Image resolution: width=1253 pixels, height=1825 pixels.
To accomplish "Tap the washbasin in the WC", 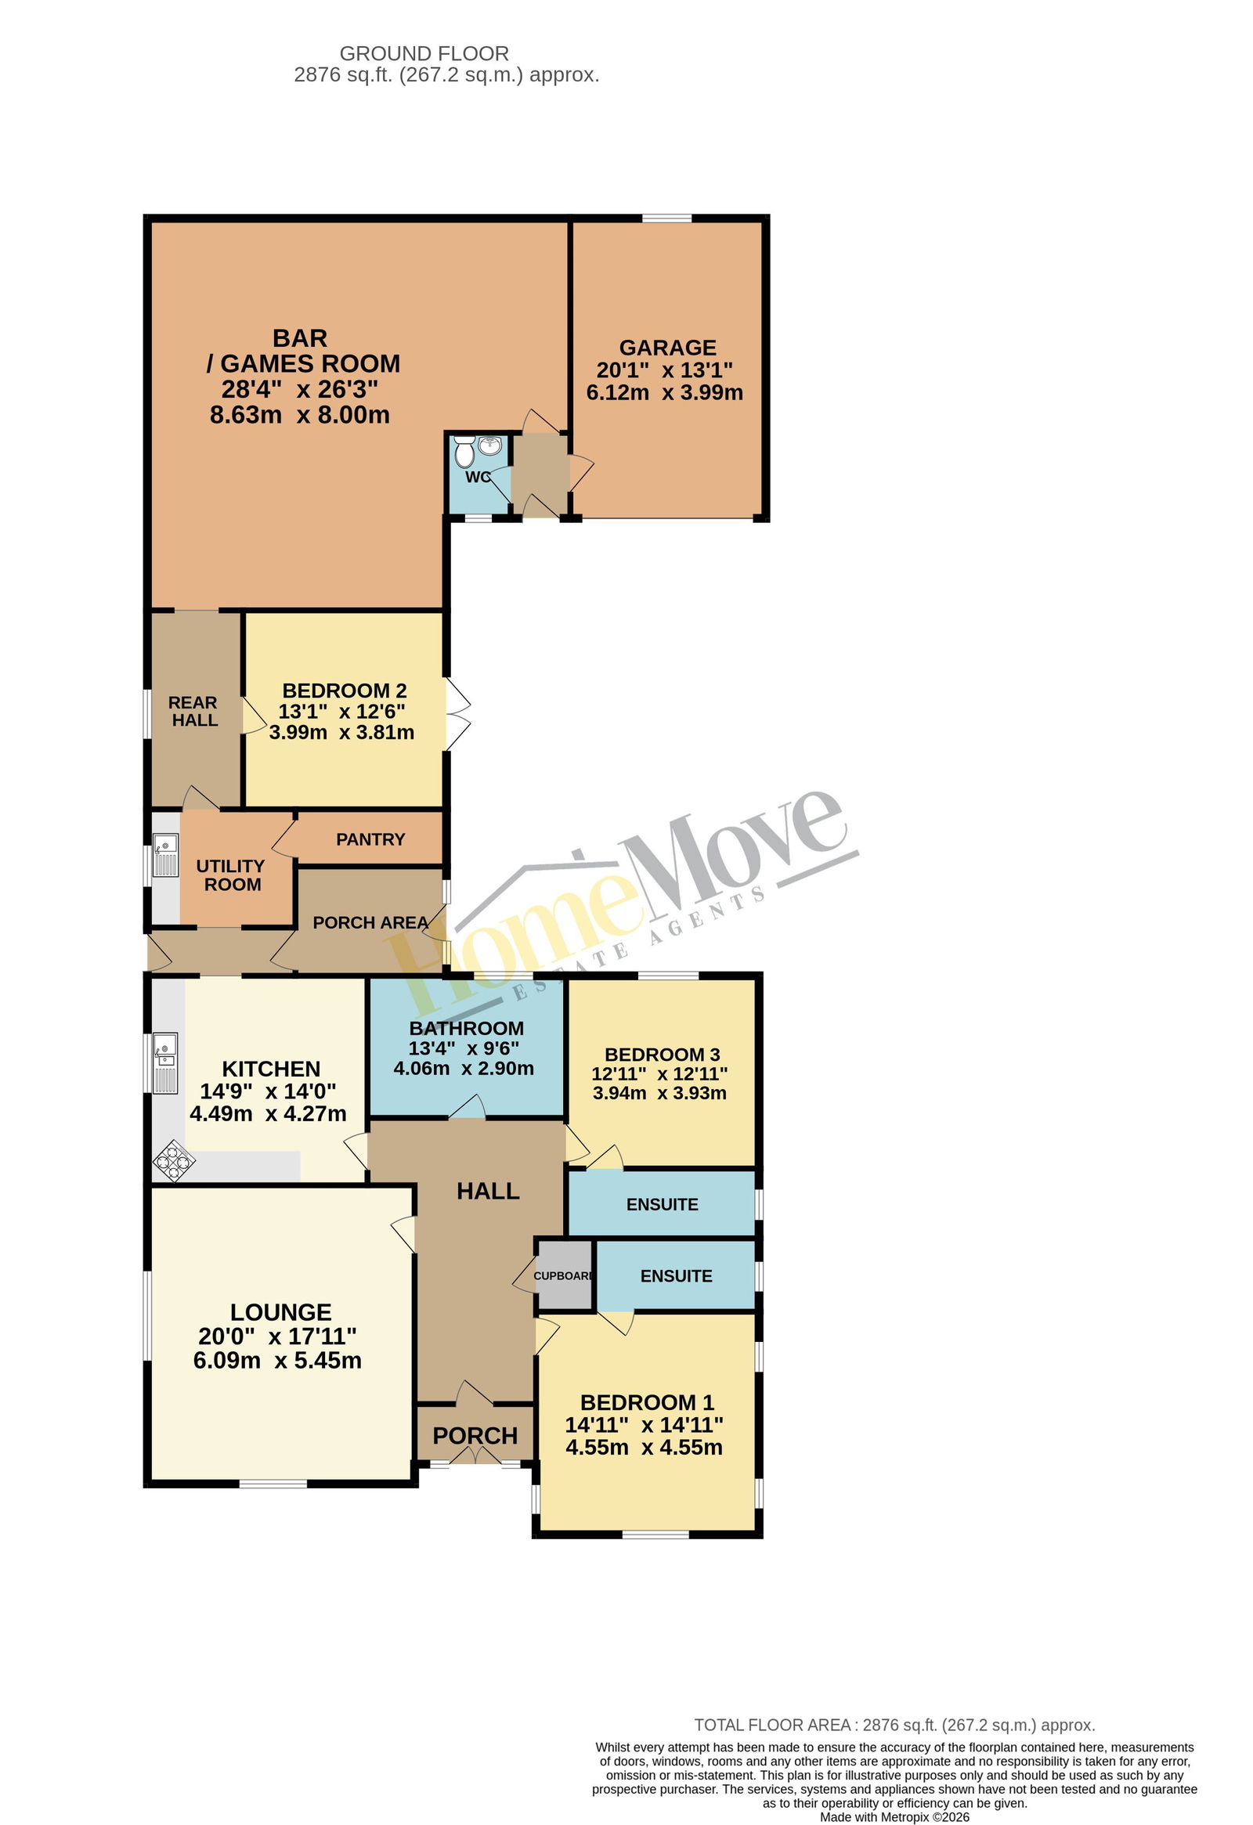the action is (x=490, y=445).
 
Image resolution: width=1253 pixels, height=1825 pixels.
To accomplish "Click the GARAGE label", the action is (x=668, y=347).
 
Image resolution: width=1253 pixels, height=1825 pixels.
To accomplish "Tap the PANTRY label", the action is (x=370, y=839).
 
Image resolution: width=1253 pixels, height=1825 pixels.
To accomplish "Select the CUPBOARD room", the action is (x=564, y=1276).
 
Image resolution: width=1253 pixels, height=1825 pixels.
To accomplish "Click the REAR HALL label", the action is (x=193, y=712).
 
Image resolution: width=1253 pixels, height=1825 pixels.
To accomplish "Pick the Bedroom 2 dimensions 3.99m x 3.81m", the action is (x=341, y=733).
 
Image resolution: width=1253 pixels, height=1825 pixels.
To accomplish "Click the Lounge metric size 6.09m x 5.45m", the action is (x=277, y=1361).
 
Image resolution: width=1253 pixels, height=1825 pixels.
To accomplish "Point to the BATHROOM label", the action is (x=467, y=1028).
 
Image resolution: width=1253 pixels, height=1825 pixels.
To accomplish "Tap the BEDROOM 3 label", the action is (x=663, y=1055).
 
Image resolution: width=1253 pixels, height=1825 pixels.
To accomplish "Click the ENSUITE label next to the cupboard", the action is (x=677, y=1276).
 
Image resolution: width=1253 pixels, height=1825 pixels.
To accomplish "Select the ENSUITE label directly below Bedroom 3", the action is (x=663, y=1205).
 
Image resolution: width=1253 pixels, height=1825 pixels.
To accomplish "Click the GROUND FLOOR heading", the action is (x=424, y=53).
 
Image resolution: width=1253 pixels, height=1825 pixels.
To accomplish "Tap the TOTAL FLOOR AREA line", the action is (x=895, y=1726).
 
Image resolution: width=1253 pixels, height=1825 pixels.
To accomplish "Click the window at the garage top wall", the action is (x=667, y=218).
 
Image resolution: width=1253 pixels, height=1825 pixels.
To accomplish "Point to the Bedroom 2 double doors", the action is (x=458, y=714).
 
